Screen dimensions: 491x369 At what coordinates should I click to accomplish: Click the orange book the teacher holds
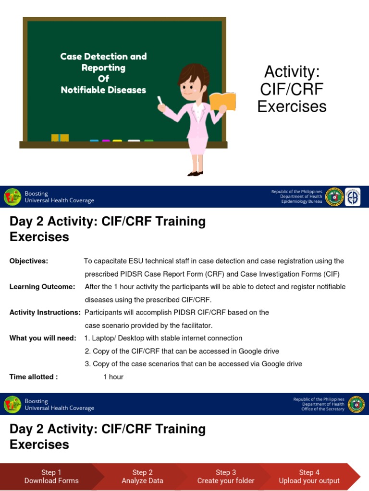[x=222, y=101]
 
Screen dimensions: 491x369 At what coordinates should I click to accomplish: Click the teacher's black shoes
[x=195, y=173]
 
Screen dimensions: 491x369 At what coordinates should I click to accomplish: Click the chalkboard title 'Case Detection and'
[x=103, y=57]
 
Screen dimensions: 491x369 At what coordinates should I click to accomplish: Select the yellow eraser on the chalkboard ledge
[x=60, y=138]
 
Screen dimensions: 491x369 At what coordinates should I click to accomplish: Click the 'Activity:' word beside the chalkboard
[x=292, y=72]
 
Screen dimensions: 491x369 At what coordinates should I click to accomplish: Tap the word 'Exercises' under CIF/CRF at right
[x=292, y=106]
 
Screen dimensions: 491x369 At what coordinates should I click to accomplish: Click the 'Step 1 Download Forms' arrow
[x=51, y=476]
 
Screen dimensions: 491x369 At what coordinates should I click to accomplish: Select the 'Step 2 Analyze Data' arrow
[x=142, y=476]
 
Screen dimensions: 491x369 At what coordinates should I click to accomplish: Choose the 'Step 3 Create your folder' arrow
[x=226, y=476]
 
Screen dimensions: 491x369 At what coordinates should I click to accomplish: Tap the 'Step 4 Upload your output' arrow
[x=309, y=476]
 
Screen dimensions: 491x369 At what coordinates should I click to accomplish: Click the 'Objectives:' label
[x=29, y=261]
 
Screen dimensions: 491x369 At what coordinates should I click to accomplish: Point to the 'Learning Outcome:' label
[x=42, y=287]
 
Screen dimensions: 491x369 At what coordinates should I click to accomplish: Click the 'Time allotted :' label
[x=34, y=377]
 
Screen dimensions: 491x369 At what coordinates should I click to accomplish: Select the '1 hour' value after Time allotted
[x=113, y=377]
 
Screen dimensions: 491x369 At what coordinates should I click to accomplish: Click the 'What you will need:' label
[x=43, y=338]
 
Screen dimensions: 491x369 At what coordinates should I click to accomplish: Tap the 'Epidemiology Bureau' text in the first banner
[x=301, y=201]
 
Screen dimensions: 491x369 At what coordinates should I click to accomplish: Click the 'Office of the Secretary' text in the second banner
[x=322, y=409]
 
